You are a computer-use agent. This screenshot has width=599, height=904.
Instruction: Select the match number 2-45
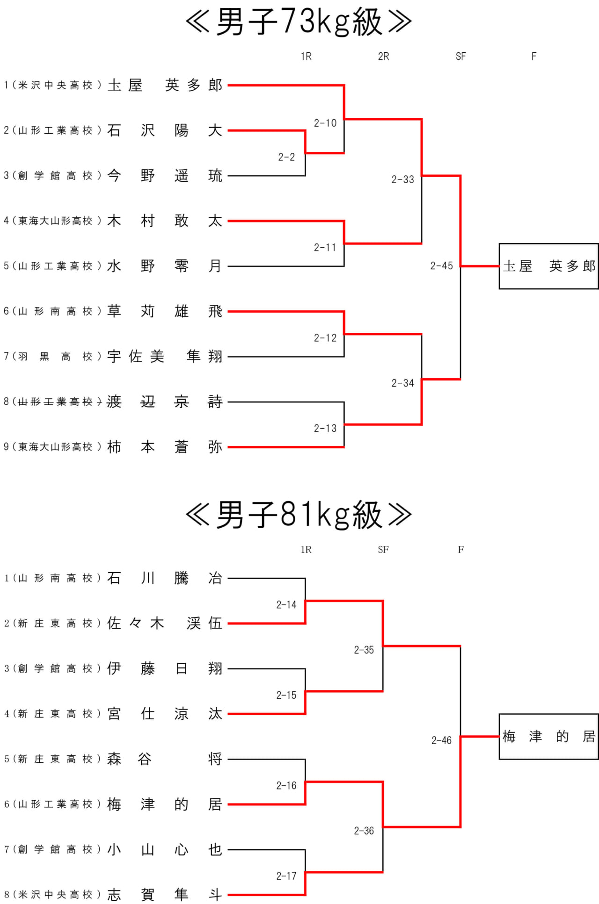pos(441,266)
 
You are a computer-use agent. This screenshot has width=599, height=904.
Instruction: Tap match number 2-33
pos(402,179)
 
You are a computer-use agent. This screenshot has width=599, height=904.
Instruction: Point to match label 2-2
pos(286,157)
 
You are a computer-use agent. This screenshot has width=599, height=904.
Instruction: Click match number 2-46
pos(441,740)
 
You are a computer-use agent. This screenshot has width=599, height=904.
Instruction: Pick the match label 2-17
pos(286,876)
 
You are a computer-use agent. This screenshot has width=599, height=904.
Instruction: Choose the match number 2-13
pos(325,429)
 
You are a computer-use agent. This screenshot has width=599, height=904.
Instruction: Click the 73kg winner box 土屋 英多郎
pos(548,266)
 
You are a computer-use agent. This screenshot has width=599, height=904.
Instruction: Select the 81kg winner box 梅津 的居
pos(548,737)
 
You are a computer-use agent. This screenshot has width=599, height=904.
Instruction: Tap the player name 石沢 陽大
pos(165,130)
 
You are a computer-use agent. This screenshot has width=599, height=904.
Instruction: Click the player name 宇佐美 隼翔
pos(165,357)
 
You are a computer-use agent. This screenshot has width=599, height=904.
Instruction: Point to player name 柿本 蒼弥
pos(165,447)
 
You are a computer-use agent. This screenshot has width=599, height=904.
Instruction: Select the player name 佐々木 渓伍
pos(165,624)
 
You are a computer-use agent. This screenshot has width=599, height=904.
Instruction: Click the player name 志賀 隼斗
pos(165,895)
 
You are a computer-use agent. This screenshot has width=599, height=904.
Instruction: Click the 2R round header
pos(383,57)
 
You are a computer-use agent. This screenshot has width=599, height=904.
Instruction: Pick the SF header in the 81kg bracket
pos(383,550)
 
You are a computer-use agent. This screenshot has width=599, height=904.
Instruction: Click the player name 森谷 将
pos(165,759)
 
